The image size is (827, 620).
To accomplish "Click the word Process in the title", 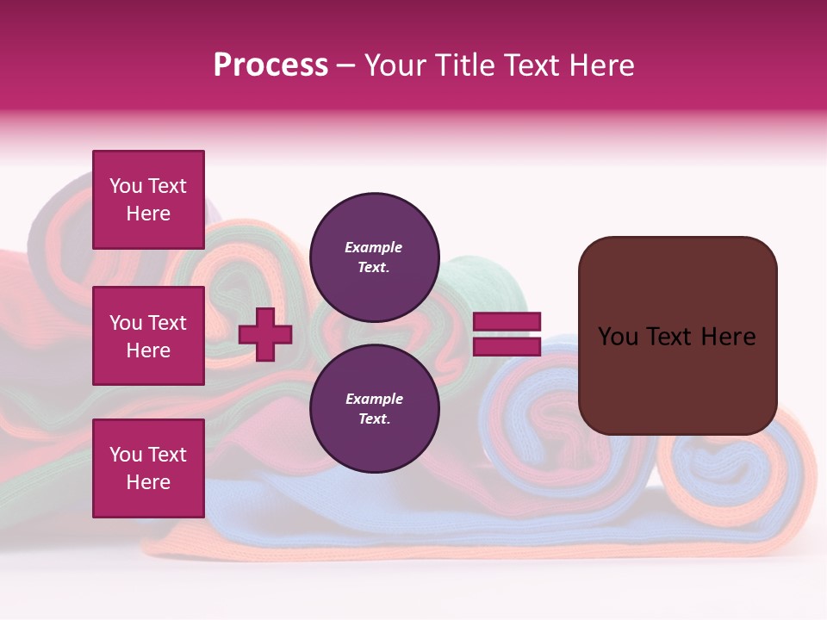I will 270,65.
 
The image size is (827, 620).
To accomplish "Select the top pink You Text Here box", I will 148,200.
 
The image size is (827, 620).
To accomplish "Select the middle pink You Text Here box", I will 148,336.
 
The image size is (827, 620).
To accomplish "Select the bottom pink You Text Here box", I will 148,468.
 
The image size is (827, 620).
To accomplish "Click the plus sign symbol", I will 265,334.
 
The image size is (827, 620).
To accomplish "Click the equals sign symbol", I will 507,334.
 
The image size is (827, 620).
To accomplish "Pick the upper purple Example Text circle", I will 374,257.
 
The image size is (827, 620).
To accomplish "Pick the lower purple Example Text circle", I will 374,409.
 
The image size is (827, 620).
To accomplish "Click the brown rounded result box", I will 677,379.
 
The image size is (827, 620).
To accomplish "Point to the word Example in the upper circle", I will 373,247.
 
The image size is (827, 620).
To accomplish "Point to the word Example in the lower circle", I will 373,399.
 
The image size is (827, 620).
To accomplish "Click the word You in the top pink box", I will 126,186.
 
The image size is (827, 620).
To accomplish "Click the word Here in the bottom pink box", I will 148,482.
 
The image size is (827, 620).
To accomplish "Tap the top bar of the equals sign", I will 507,322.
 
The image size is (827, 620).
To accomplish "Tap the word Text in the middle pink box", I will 166,323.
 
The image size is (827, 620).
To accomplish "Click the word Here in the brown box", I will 728,337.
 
